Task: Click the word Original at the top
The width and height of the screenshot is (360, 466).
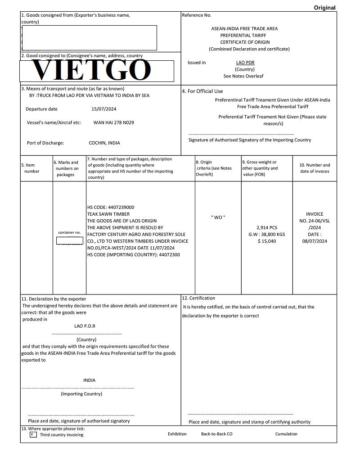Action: click(324, 7)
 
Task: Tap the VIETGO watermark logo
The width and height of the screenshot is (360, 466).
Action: click(92, 70)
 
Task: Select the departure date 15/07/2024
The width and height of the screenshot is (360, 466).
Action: click(104, 109)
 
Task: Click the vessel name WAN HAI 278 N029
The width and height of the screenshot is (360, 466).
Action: click(113, 122)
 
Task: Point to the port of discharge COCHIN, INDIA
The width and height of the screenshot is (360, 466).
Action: click(104, 143)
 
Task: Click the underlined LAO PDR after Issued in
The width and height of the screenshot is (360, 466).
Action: click(245, 63)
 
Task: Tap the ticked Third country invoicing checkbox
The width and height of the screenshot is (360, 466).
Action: click(33, 434)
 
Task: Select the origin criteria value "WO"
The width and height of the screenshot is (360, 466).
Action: click(218, 217)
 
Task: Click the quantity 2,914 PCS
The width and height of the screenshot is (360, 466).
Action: click(267, 228)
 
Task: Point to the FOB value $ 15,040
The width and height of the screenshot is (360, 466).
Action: click(267, 241)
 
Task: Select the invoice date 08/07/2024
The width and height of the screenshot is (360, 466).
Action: click(315, 241)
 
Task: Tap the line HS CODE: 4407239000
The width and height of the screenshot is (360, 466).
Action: click(111, 207)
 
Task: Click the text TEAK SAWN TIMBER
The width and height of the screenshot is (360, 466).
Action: click(108, 214)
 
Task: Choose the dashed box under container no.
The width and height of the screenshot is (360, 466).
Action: click(70, 241)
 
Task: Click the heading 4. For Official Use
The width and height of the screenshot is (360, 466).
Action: click(202, 91)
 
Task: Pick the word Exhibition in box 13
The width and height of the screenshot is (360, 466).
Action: click(177, 434)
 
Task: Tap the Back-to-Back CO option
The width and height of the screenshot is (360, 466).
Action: click(217, 434)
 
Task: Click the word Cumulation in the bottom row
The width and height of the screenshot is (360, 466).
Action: click(286, 434)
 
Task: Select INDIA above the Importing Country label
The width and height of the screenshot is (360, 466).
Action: click(89, 380)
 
